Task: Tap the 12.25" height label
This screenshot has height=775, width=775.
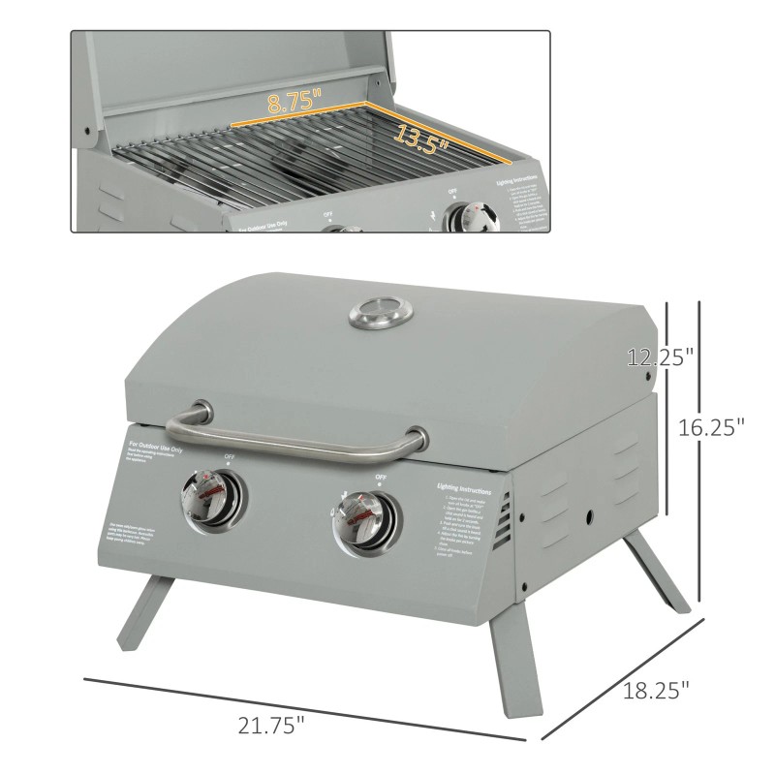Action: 660,357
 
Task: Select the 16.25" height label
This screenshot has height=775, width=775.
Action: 713,425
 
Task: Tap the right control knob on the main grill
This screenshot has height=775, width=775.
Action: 360,520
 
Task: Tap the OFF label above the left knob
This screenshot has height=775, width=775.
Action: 230,455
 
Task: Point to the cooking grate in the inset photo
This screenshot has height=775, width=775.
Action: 291,160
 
